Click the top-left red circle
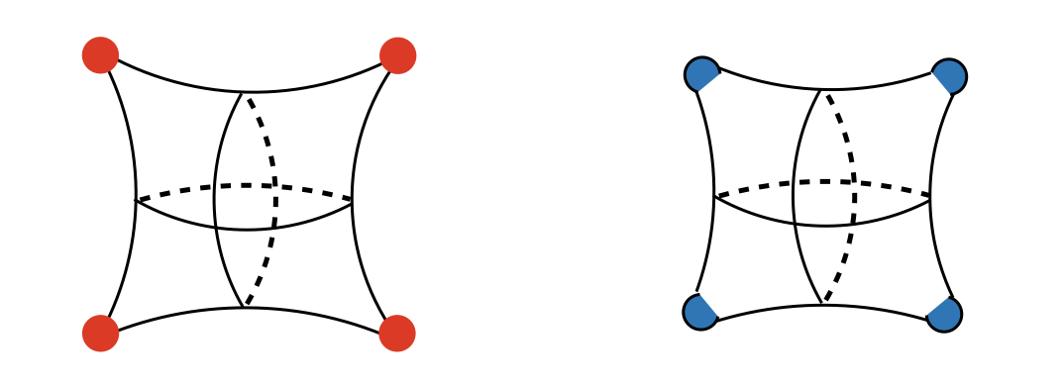pos(100,55)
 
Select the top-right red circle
pos(397,55)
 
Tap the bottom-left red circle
pos(100,333)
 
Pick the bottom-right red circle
pos(397,333)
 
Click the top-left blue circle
pos(701,74)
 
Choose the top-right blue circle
pos(948,76)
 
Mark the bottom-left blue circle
pos(700,312)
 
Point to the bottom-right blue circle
pos(944,314)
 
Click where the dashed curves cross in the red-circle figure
pos(275,186)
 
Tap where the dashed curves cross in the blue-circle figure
pos(854,182)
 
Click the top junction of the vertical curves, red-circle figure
pos(244,93)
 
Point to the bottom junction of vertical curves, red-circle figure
pos(244,307)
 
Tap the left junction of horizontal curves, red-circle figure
pos(136,200)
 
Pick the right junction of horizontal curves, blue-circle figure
pos(930,197)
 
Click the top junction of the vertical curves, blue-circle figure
pos(822,90)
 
